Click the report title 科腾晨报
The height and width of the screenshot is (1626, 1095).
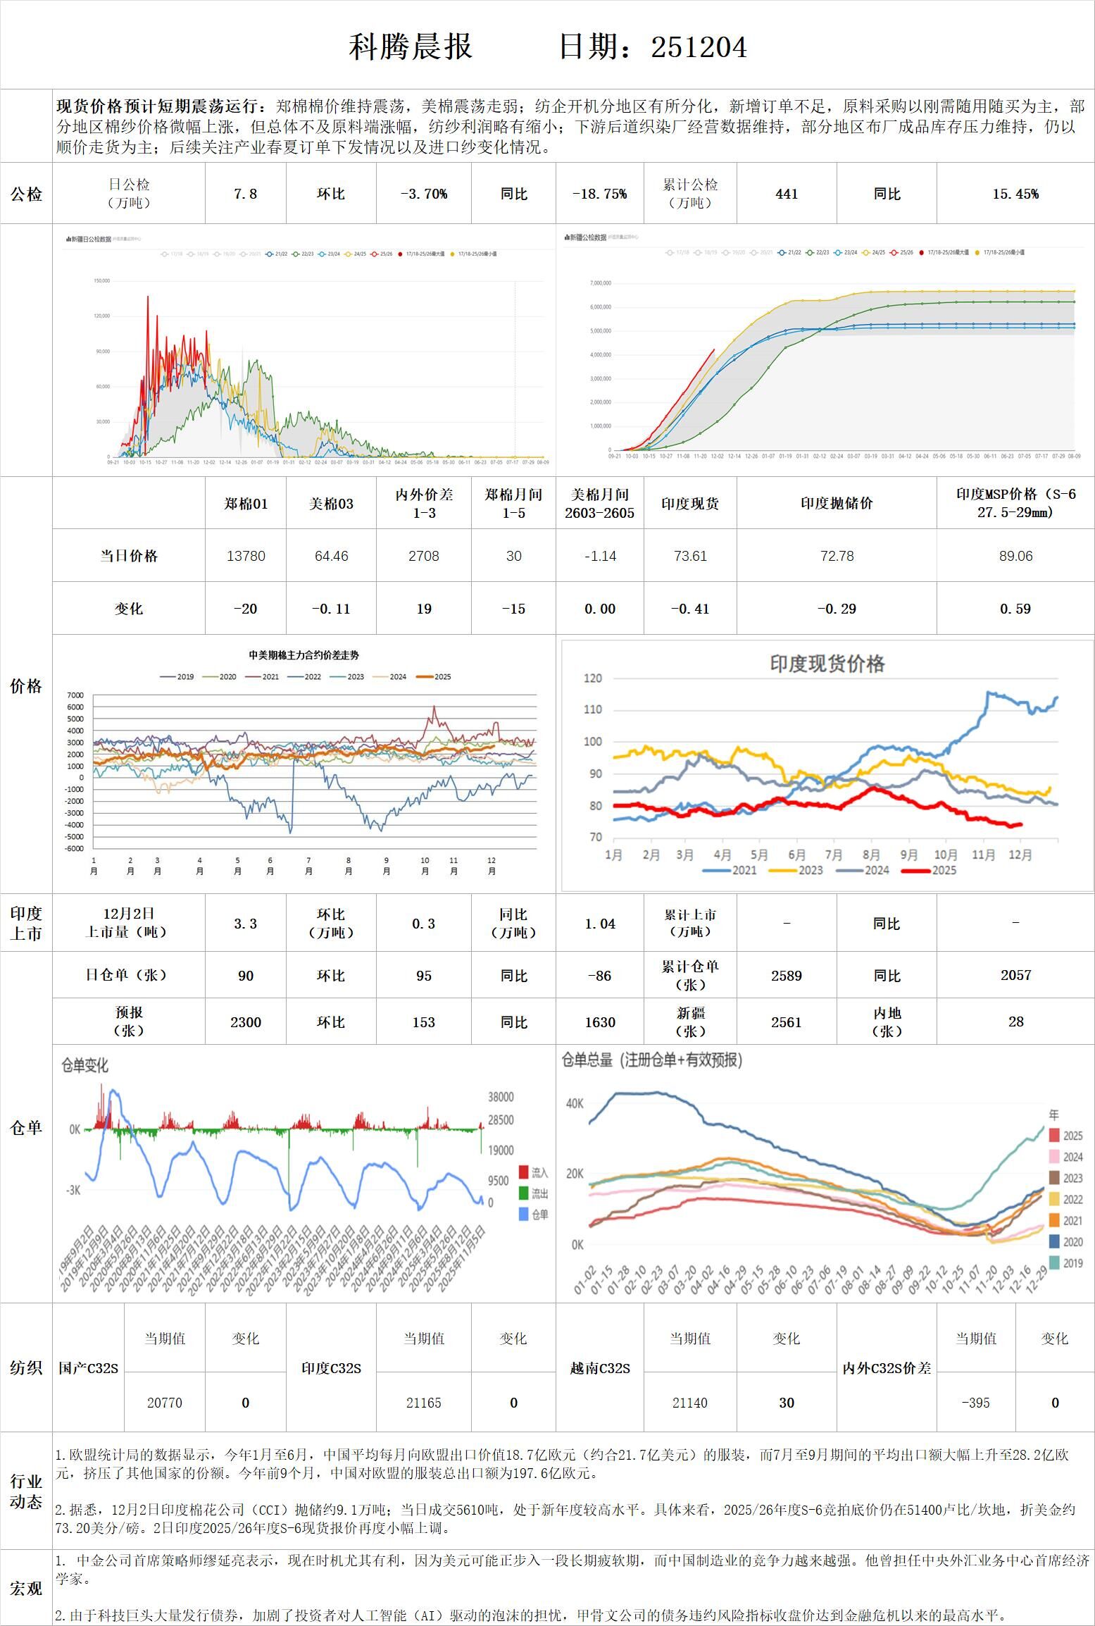tap(410, 47)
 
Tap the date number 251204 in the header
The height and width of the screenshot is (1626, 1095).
tap(699, 47)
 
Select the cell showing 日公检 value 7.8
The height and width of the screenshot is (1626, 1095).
tap(245, 194)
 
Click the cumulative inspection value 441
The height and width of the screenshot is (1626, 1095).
tap(786, 194)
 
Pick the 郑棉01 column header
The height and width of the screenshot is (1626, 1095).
tap(245, 504)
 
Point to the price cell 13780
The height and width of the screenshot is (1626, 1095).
tap(245, 556)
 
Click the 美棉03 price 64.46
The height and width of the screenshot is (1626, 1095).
tap(331, 556)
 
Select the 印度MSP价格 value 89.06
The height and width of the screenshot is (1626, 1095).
tap(1015, 556)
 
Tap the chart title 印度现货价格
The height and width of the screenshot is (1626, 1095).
tap(827, 664)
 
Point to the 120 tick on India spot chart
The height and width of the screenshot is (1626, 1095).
tap(593, 678)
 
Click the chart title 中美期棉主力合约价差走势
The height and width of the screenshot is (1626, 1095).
tap(304, 655)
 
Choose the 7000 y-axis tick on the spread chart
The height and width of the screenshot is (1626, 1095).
tap(75, 695)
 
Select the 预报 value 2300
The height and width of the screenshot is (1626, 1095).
tap(245, 1022)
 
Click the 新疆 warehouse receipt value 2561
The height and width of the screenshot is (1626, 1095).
tap(786, 1022)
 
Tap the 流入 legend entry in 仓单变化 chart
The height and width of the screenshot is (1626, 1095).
tap(533, 1172)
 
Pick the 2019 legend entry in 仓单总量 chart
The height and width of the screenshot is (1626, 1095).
tap(1065, 1263)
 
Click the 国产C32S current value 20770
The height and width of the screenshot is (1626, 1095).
tap(164, 1403)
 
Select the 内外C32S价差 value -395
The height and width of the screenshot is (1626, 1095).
tap(975, 1403)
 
